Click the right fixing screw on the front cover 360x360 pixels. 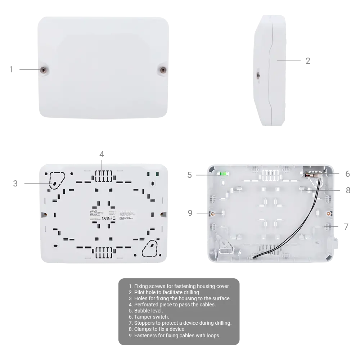point(163,70)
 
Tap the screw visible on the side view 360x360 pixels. point(257,75)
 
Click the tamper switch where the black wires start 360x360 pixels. point(309,175)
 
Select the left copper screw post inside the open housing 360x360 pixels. point(213,213)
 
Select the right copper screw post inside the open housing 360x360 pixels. point(328,213)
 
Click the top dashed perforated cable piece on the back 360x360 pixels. point(103,176)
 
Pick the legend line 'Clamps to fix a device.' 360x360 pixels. point(159,329)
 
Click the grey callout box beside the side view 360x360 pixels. point(308,62)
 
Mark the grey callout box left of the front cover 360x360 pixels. point(12,71)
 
